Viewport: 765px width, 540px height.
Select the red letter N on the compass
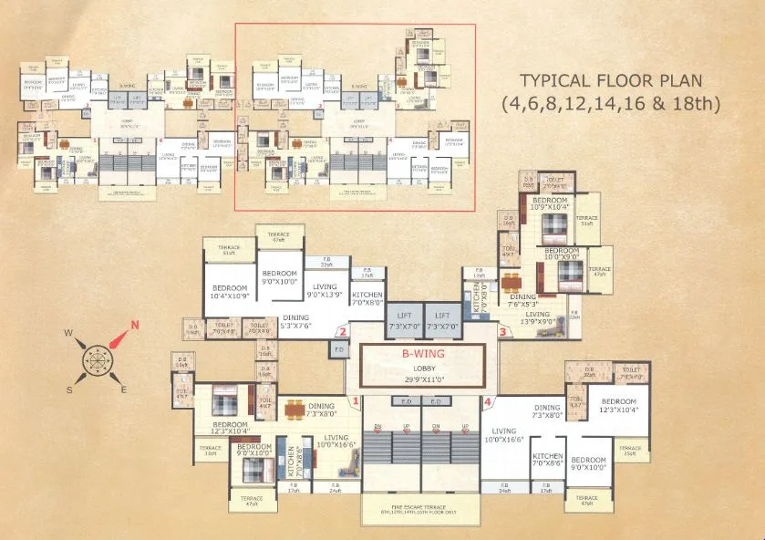(135, 325)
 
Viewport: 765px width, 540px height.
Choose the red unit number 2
(342, 333)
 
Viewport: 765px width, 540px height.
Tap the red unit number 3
(502, 333)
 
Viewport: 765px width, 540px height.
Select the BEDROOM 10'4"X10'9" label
(228, 292)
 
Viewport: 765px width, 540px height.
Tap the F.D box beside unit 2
(338, 348)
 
